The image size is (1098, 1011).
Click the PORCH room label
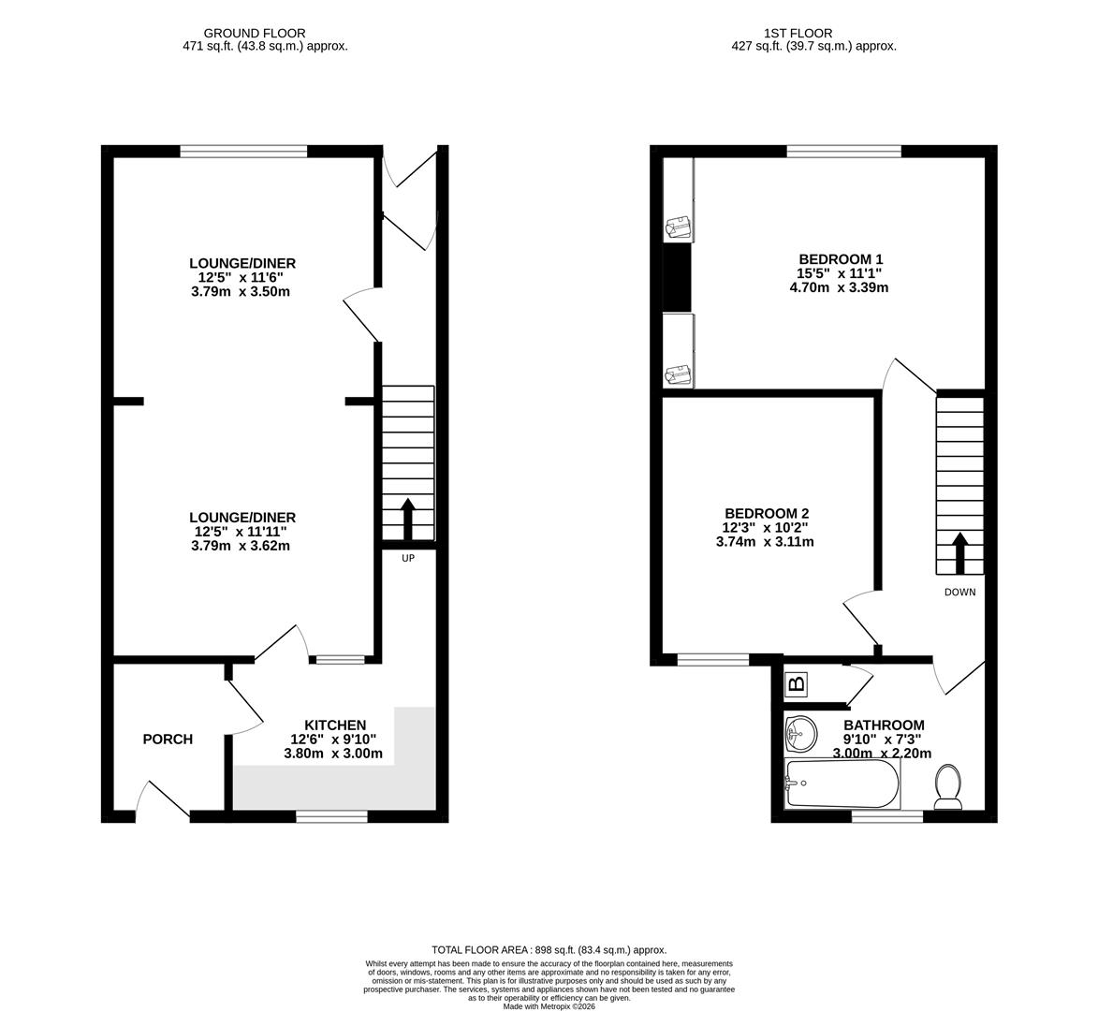tap(168, 740)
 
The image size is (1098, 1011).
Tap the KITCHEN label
tap(335, 725)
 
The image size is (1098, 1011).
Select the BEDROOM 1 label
tap(840, 259)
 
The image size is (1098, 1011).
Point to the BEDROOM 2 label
tap(766, 513)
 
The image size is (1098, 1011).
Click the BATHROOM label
tap(884, 725)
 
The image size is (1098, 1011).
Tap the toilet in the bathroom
tap(948, 786)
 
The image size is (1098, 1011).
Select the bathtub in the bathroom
tap(842, 784)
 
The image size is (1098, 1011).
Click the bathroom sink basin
tap(800, 732)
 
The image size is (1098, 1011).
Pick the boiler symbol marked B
tap(797, 685)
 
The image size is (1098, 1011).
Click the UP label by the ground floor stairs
tap(407, 558)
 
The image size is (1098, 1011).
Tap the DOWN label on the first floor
tap(959, 592)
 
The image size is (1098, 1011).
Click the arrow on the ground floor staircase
tap(407, 519)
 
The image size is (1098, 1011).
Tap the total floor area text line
tap(549, 949)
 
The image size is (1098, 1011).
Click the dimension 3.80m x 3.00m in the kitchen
tap(335, 754)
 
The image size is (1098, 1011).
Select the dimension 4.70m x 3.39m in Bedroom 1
tap(839, 287)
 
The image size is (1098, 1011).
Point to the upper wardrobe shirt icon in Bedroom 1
tap(678, 227)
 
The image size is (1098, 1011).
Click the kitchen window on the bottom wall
tap(331, 817)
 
